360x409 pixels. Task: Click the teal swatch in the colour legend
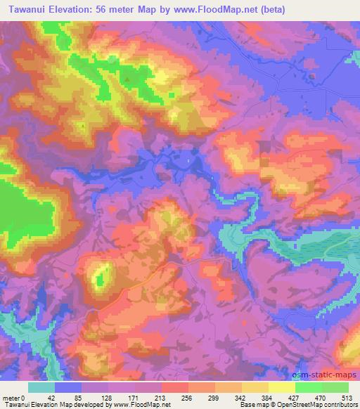pos(41,387)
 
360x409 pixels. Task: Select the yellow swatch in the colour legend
pos(281,387)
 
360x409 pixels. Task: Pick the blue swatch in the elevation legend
pos(68,387)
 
